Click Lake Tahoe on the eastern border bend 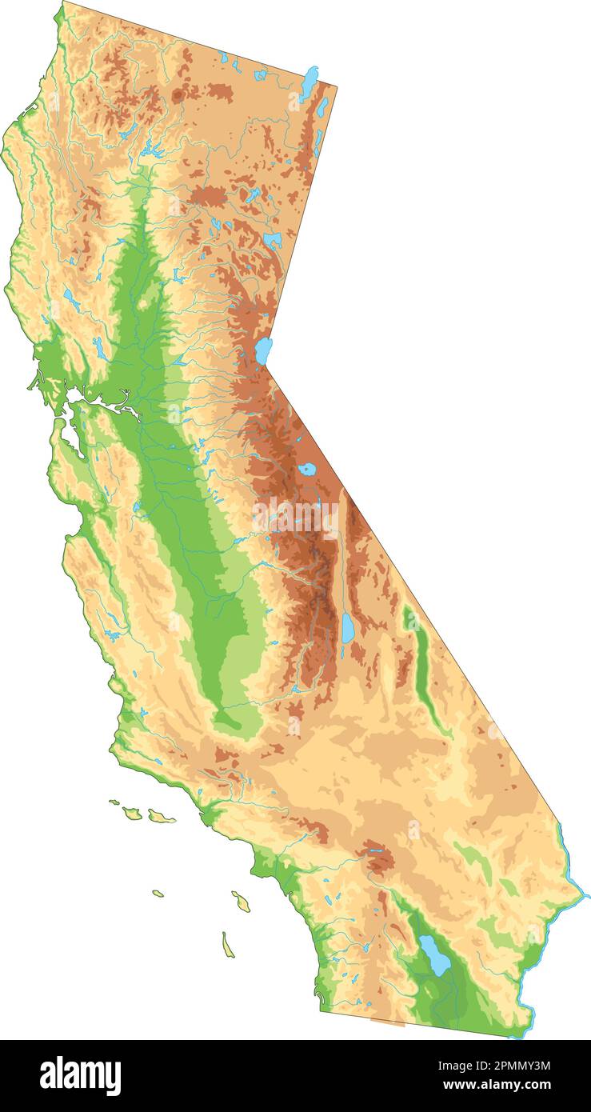coord(263,350)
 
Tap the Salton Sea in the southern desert coord(436,955)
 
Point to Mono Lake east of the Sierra coord(306,470)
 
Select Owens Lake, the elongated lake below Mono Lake coord(348,628)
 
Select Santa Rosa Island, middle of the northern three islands coord(133,813)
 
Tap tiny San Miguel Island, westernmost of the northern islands coord(114,802)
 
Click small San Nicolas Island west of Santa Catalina coord(158,893)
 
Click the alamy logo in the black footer coord(81,1075)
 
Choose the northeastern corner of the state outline coord(337,86)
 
